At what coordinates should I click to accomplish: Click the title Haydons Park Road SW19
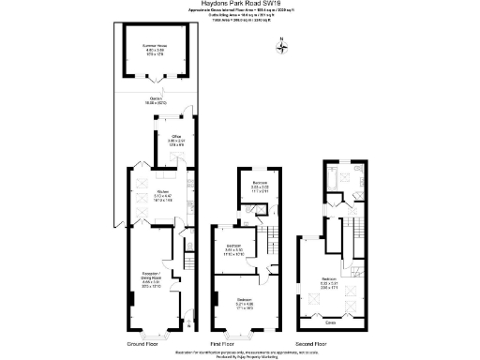240,5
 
